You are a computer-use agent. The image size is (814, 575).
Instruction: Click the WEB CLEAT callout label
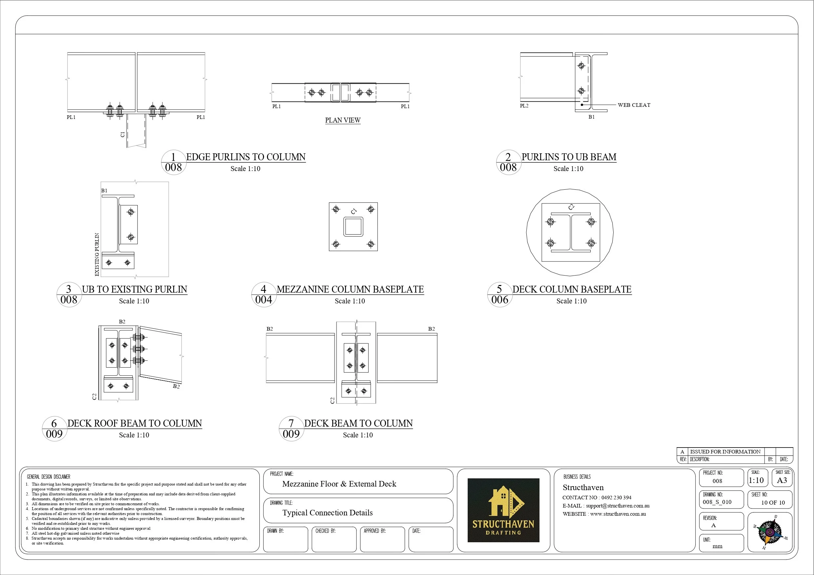(x=634, y=105)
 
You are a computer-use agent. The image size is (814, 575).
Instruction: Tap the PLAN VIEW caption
(x=342, y=120)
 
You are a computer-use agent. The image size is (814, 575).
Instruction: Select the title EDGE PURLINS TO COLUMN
(x=246, y=157)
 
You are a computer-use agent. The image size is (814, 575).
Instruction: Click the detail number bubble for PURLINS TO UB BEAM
(x=508, y=162)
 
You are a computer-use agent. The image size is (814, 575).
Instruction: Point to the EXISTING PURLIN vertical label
(x=97, y=254)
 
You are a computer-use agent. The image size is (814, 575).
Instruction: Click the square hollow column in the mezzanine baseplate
(x=353, y=227)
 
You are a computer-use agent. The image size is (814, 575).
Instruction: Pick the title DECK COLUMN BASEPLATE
(x=572, y=289)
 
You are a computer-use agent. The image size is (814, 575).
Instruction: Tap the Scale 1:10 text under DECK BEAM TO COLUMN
(x=358, y=435)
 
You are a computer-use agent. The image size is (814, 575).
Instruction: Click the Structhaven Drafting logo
(x=503, y=510)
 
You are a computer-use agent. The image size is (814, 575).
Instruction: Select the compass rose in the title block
(x=770, y=532)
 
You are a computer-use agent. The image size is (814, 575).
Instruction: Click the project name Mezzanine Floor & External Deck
(x=339, y=484)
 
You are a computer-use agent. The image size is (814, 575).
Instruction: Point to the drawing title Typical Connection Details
(x=327, y=513)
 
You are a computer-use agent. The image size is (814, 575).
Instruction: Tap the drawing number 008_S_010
(x=717, y=502)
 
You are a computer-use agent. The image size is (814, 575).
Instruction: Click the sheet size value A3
(x=782, y=480)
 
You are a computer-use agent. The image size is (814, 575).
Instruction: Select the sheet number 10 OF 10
(x=773, y=502)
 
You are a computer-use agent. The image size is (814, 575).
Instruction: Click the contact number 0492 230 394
(x=616, y=497)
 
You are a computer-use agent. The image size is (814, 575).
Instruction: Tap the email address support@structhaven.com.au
(x=618, y=506)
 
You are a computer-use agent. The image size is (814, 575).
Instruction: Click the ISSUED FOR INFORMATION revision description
(x=725, y=452)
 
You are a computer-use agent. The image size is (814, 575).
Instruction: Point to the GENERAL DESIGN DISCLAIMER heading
(x=49, y=477)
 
